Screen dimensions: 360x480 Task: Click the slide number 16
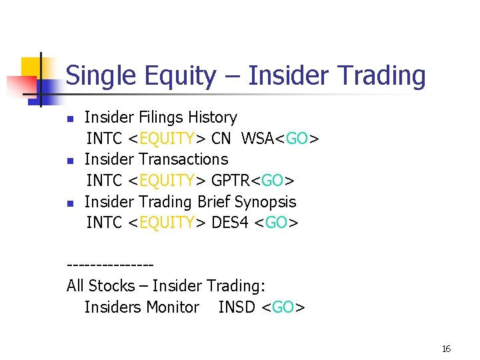coord(446,349)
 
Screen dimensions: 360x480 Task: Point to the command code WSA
coord(258,139)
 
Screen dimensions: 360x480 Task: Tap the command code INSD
coord(237,307)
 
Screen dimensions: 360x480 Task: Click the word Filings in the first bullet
coord(163,118)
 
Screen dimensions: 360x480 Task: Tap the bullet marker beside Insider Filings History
coord(70,119)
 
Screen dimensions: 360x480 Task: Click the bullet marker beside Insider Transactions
coord(70,161)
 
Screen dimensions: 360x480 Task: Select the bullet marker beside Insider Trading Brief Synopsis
coord(70,203)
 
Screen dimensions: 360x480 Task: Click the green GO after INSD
coord(283,307)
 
